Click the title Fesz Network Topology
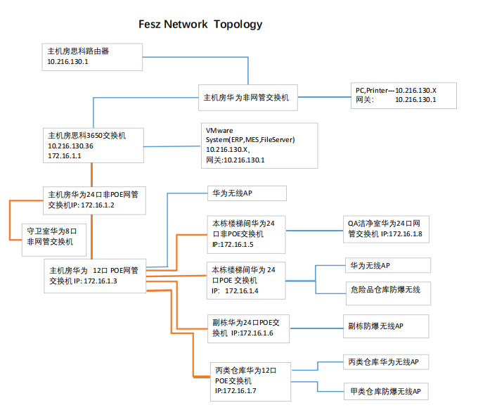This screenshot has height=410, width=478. tap(200, 25)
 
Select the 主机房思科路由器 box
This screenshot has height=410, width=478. tap(92, 56)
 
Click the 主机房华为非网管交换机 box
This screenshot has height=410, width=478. tap(250, 98)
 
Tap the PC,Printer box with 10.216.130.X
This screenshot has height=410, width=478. tap(404, 95)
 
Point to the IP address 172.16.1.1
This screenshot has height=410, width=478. tap(65, 156)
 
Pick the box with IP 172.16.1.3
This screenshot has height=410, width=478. tap(94, 275)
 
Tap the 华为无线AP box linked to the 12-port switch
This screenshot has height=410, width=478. tap(246, 193)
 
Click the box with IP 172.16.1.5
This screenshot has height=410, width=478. tap(246, 234)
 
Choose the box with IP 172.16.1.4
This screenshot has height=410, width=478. tap(246, 280)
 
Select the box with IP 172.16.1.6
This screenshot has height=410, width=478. tap(246, 328)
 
